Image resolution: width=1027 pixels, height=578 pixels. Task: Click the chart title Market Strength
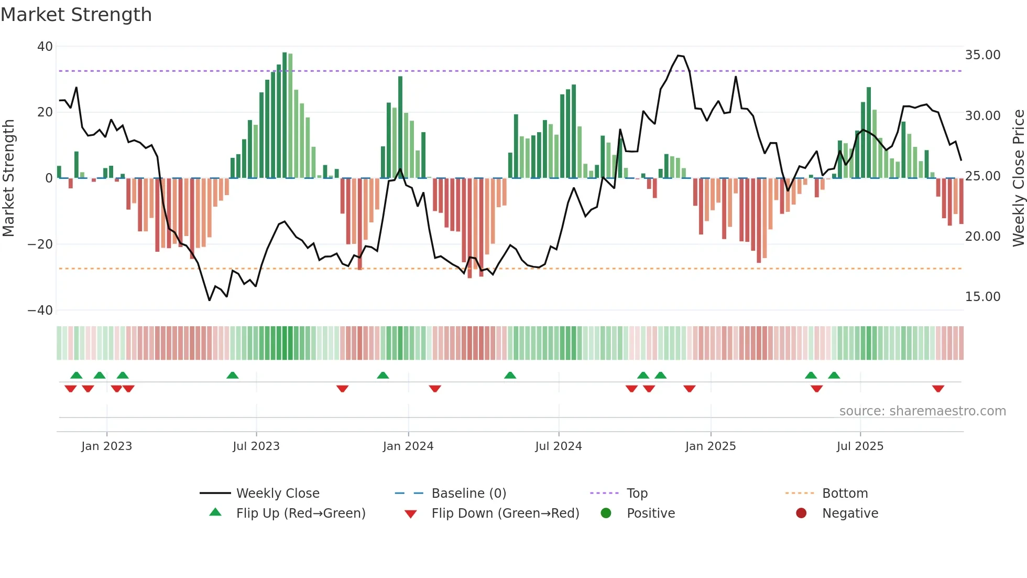[x=76, y=15]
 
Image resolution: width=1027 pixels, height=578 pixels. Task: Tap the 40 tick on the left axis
[x=45, y=47]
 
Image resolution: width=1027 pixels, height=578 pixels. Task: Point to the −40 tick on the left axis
[x=40, y=311]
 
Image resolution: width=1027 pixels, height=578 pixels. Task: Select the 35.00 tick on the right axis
[x=982, y=55]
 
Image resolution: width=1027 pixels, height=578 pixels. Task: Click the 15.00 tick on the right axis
[x=982, y=297]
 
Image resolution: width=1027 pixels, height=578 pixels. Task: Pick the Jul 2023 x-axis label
[x=256, y=446]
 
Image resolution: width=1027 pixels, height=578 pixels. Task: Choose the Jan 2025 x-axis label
[x=711, y=446]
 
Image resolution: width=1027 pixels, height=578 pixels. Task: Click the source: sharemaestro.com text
[x=922, y=411]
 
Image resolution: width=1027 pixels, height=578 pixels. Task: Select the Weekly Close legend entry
[x=278, y=494]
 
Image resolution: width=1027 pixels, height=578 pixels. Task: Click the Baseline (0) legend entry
[x=468, y=494]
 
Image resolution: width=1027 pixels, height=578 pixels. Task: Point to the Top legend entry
[x=637, y=494]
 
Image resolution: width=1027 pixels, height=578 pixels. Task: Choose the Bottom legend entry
[x=845, y=494]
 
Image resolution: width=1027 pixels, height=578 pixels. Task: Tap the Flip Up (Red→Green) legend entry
[x=301, y=513]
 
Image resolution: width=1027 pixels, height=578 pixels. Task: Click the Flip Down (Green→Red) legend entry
[x=505, y=513]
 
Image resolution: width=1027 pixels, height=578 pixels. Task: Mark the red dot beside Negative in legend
[x=801, y=513]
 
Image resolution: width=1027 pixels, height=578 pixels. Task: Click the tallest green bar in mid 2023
[x=285, y=115]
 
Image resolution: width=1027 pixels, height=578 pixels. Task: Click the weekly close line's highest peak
[x=679, y=56]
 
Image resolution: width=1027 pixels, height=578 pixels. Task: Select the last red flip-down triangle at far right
[x=938, y=389]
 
